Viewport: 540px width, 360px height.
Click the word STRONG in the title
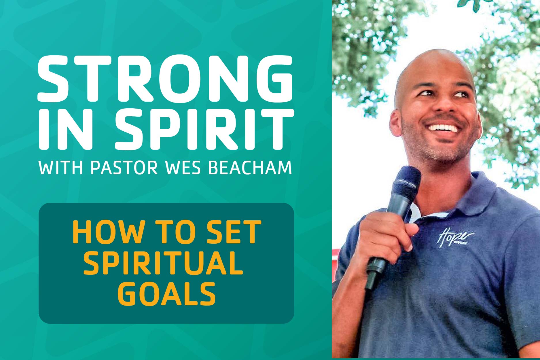tap(166, 78)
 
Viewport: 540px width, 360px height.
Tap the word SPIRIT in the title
tap(204, 130)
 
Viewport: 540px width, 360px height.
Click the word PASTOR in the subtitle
tap(124, 168)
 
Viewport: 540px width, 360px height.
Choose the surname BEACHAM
tap(250, 168)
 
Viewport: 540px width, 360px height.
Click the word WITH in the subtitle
tap(61, 168)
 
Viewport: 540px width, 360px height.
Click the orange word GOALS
tap(166, 293)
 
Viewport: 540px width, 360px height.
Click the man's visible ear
tap(396, 122)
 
